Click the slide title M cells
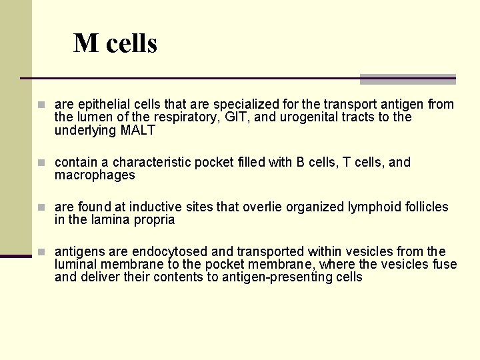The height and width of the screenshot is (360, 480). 115,44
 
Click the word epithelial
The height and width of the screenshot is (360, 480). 104,105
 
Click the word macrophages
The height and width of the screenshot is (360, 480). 95,175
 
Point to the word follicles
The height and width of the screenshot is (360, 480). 427,207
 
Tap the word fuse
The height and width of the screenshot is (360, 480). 445,265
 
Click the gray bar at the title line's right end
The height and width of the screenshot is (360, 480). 407,79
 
